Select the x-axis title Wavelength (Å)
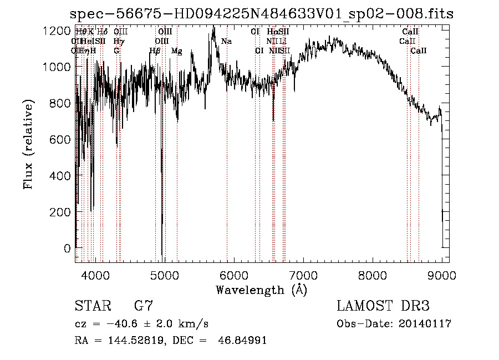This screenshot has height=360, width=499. click(x=261, y=290)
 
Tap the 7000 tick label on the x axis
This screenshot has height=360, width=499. click(x=303, y=275)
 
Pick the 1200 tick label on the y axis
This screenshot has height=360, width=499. click(x=58, y=31)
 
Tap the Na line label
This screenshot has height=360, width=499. click(x=226, y=41)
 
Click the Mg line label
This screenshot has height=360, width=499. click(x=176, y=51)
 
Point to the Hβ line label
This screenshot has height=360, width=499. click(x=155, y=51)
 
